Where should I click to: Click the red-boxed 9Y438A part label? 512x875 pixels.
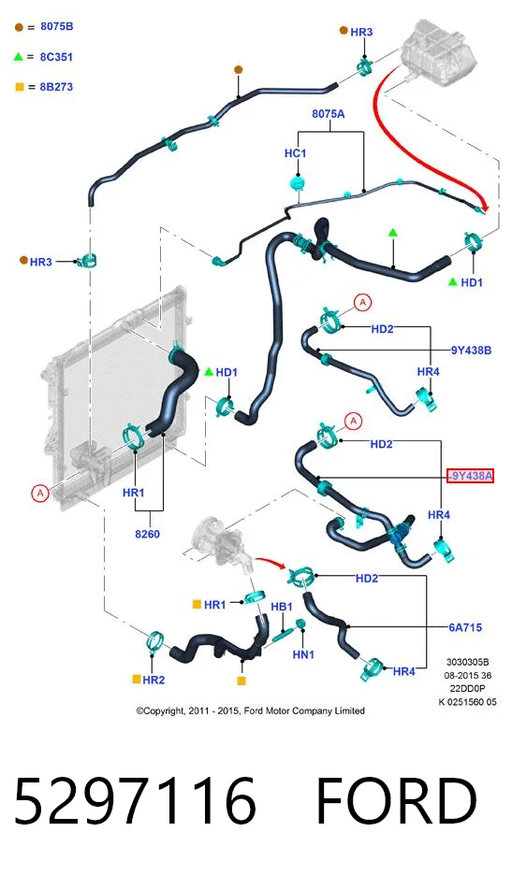[x=471, y=476]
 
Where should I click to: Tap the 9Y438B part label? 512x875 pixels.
[x=471, y=351]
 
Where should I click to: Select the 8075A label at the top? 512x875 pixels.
[x=329, y=114]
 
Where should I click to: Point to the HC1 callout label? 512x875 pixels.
[x=295, y=153]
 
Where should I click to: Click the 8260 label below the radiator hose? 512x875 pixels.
[x=148, y=534]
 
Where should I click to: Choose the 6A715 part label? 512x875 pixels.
[x=465, y=627]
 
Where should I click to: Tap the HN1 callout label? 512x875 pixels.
[x=303, y=654]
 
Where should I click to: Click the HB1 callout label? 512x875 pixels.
[x=282, y=607]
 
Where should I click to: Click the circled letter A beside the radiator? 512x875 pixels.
[x=39, y=494]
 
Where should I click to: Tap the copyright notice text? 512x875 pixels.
[x=251, y=710]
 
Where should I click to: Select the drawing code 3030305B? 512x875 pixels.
[x=467, y=663]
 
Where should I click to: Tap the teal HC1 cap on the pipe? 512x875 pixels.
[x=299, y=183]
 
